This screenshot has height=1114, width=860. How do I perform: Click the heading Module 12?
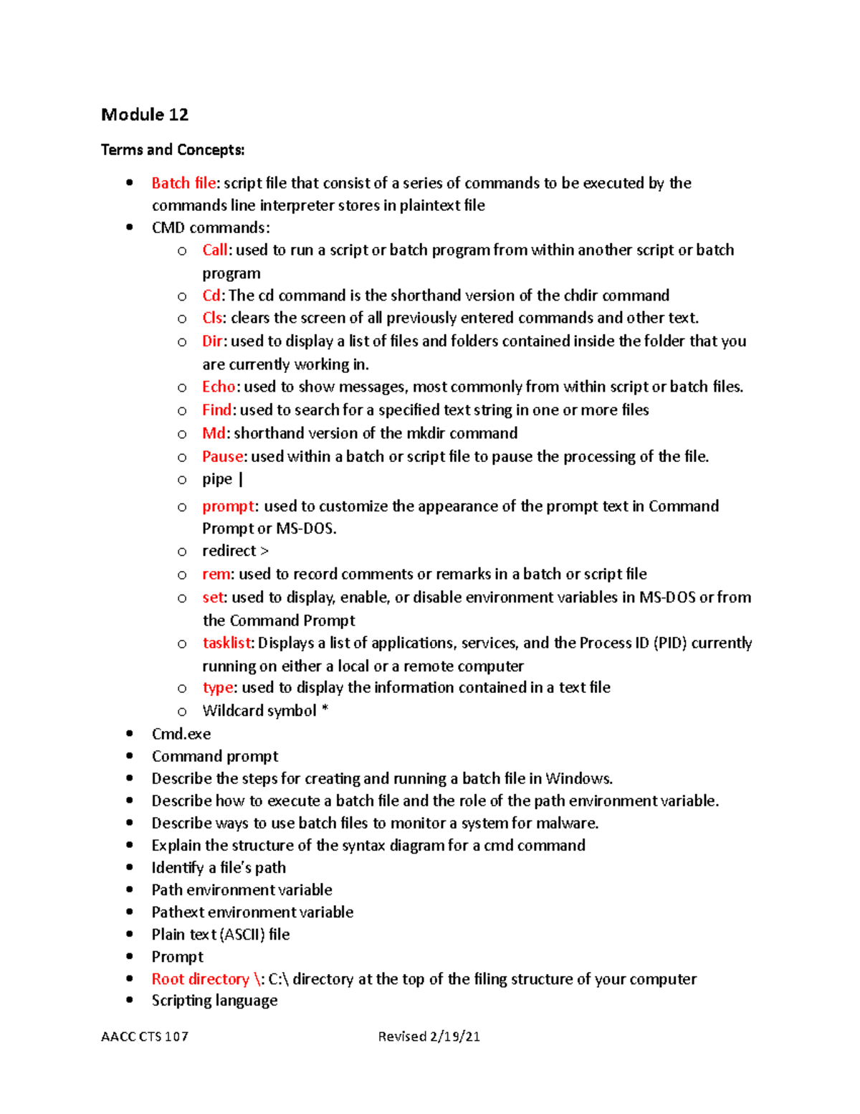click(x=145, y=115)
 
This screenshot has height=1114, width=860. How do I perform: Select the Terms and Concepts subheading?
click(x=173, y=150)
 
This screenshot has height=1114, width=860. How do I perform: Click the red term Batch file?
click(x=183, y=183)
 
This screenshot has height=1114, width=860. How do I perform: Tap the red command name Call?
click(x=214, y=250)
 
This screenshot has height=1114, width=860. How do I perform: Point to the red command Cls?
click(x=212, y=318)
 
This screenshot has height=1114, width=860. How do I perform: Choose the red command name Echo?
click(x=219, y=387)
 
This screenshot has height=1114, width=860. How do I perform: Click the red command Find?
click(x=216, y=410)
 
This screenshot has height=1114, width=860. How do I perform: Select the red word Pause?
click(x=223, y=456)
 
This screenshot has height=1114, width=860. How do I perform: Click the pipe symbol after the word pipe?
click(x=241, y=479)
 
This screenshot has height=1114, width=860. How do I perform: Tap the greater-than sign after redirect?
click(x=264, y=551)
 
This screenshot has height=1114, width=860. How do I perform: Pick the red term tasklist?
click(x=227, y=643)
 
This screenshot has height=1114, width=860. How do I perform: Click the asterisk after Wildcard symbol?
click(x=325, y=710)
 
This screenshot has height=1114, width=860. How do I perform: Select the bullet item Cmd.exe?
click(x=181, y=734)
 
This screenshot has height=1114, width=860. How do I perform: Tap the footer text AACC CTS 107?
click(x=145, y=1037)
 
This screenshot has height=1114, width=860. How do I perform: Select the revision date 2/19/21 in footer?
click(x=454, y=1037)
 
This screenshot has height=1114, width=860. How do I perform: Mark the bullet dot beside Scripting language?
click(x=130, y=1000)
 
